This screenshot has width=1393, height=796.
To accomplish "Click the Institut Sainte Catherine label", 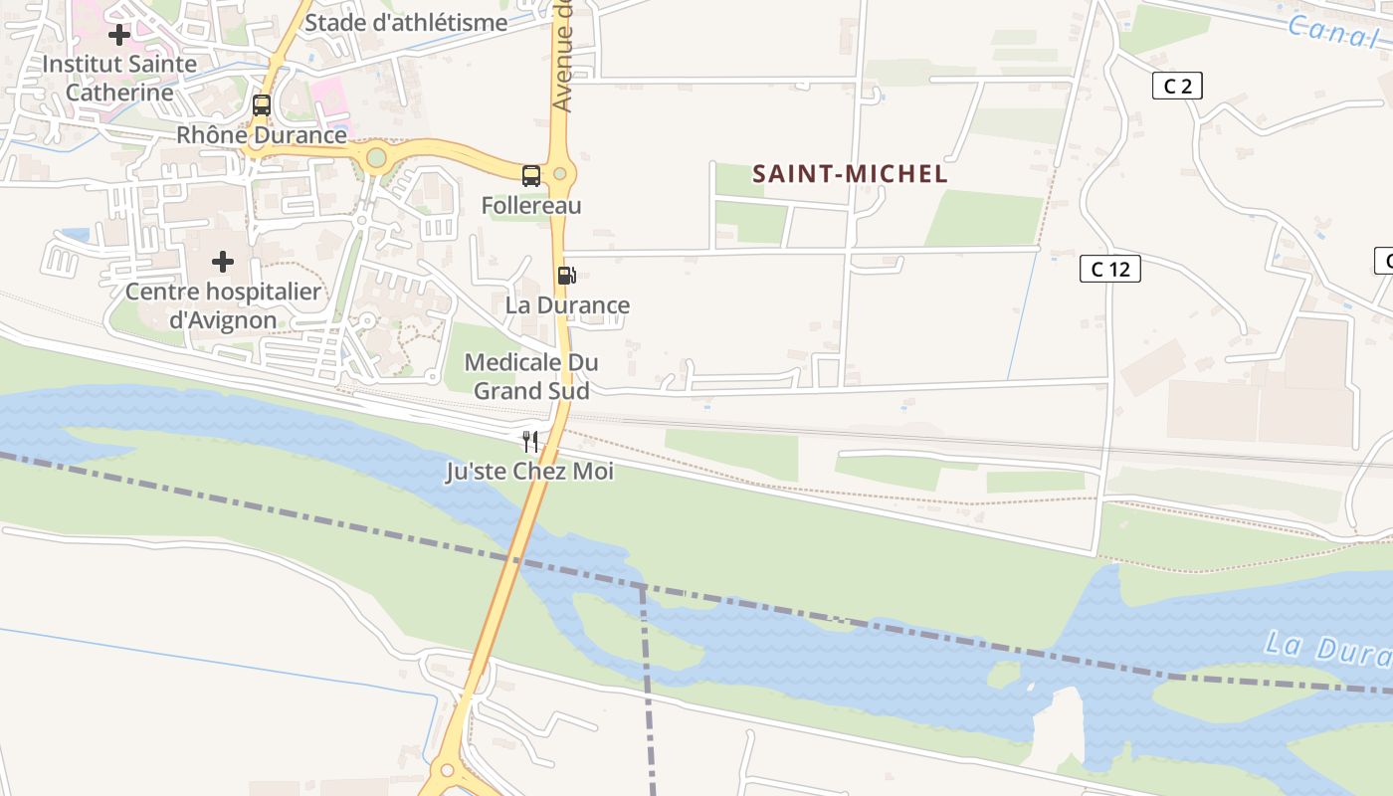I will [x=119, y=78].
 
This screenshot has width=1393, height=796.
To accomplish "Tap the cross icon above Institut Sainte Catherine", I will [x=119, y=35].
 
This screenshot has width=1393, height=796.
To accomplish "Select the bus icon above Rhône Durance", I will [x=262, y=104].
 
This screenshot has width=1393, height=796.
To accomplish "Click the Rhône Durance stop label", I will [x=262, y=134].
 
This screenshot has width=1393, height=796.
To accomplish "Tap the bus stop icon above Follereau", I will [x=531, y=176].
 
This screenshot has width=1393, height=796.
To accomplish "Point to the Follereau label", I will [x=531, y=206].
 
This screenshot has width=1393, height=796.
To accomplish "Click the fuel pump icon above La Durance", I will [x=566, y=276].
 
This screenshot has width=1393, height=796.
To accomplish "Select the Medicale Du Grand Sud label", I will [x=531, y=376].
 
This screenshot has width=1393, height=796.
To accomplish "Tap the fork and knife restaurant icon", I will [x=530, y=442].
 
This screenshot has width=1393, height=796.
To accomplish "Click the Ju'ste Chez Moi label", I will [x=529, y=472].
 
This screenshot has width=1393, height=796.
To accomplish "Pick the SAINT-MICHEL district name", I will [x=850, y=174].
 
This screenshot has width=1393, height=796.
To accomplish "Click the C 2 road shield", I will [x=1177, y=87].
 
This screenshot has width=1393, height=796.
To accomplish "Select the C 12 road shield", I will [x=1109, y=269].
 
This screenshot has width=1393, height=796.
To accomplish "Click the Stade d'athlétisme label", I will [x=406, y=22].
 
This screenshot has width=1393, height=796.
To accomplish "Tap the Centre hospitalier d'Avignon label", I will [x=223, y=306].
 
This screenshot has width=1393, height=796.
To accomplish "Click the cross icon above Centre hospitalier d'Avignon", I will [x=223, y=262].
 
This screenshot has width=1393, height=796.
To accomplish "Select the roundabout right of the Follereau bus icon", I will [x=560, y=175].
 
